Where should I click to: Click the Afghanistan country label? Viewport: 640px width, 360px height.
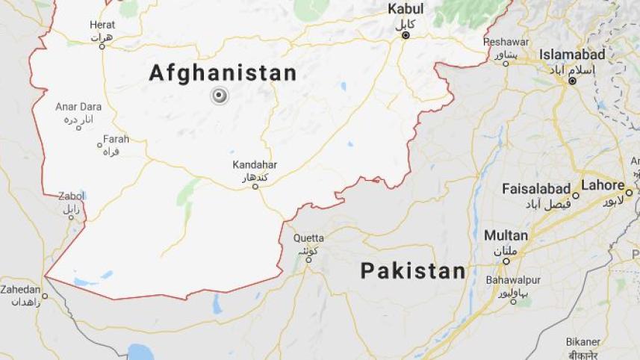[x=223, y=73]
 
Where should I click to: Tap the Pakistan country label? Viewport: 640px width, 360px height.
[x=413, y=271]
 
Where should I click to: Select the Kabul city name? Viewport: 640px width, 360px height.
[x=406, y=9]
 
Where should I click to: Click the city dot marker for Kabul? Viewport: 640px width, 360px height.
[x=406, y=35]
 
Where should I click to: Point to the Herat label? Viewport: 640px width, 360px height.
[x=102, y=25]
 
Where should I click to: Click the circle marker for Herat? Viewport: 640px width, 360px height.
[x=102, y=46]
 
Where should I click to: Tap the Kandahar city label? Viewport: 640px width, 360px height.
[x=255, y=164]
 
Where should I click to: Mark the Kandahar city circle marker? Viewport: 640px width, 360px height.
[x=255, y=186]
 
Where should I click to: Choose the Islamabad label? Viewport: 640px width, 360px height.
[x=572, y=55]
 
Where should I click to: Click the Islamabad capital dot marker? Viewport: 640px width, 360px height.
[x=572, y=80]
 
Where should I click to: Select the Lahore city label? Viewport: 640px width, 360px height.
[x=603, y=185]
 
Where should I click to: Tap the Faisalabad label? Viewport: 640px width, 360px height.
[x=536, y=188]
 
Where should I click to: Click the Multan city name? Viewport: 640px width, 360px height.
[x=506, y=235]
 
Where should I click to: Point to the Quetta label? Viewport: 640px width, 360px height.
[x=308, y=238]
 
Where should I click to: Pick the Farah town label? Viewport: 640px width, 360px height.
[x=116, y=139]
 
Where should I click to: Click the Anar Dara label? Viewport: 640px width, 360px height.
[x=78, y=107]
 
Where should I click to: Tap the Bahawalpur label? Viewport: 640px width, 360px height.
[x=513, y=279]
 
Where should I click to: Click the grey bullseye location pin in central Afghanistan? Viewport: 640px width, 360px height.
[x=219, y=96]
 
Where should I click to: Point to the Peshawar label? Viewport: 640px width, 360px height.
[x=506, y=42]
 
